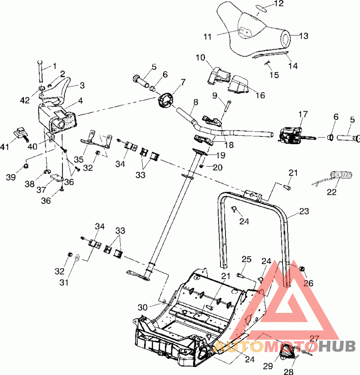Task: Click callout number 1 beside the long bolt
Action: click(54, 66)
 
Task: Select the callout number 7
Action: click(171, 81)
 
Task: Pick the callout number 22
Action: click(332, 192)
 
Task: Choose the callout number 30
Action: click(143, 307)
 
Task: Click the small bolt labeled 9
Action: click(228, 107)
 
